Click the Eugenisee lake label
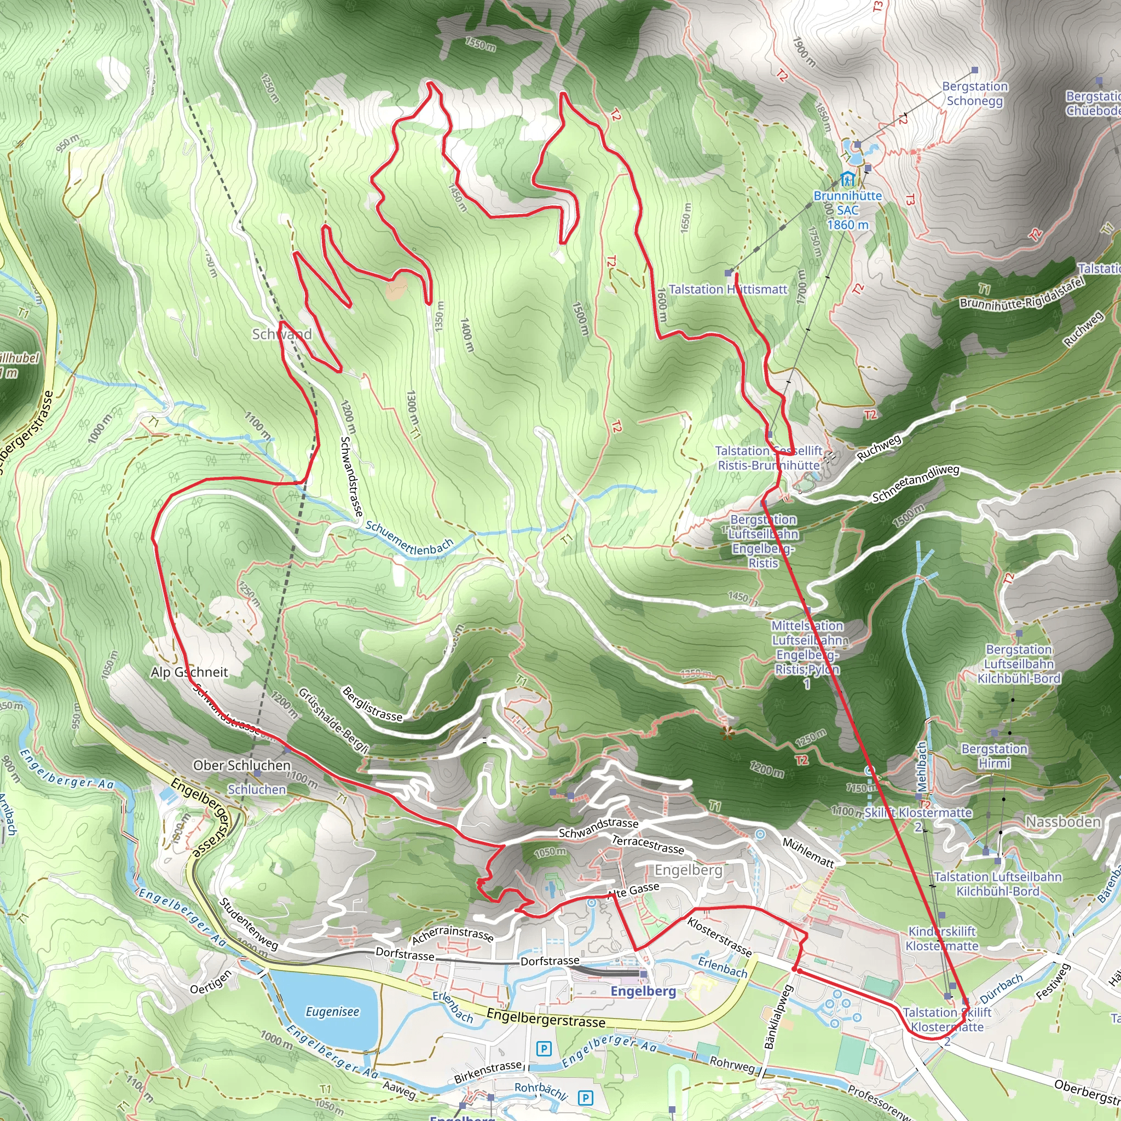[332, 1012]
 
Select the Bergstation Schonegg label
[975, 94]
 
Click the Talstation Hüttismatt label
[727, 289]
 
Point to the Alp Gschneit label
[189, 672]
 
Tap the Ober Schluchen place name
[242, 765]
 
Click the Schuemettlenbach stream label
[409, 539]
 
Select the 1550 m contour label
[480, 44]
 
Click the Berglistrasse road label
[372, 704]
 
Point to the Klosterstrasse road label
[719, 937]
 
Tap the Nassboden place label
[1063, 822]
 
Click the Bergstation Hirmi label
[995, 756]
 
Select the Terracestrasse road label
[648, 844]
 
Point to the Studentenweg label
[250, 924]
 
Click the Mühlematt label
[808, 853]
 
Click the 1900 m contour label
[804, 51]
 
